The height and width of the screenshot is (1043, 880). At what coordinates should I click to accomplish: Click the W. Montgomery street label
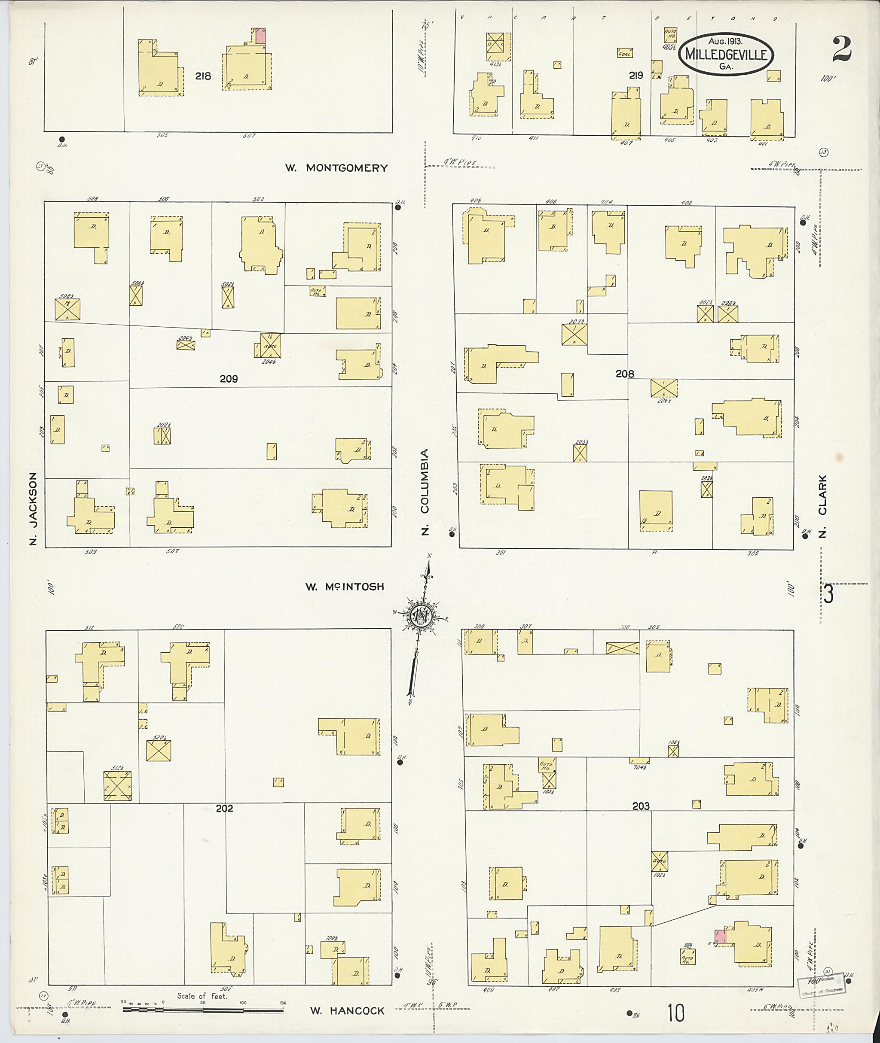336,168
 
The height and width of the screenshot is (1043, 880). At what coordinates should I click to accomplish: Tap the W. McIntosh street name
345,587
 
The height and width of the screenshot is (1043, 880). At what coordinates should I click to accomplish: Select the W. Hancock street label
347,1011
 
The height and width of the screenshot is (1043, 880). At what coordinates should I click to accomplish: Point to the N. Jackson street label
34,508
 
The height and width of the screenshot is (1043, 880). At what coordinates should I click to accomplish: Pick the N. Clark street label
822,506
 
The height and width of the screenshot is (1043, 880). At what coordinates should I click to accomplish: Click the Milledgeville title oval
725,55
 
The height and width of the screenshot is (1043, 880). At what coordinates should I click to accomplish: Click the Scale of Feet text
202,996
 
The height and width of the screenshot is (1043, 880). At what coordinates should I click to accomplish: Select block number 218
203,76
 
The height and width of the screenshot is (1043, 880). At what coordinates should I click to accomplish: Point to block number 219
636,76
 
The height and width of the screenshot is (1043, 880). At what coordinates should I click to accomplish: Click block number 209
229,379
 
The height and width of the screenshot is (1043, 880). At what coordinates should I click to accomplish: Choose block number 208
625,374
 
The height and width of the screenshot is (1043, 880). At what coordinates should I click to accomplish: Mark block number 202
224,809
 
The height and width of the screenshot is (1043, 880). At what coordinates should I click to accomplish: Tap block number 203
641,806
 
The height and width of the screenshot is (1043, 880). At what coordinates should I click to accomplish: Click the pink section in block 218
260,36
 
